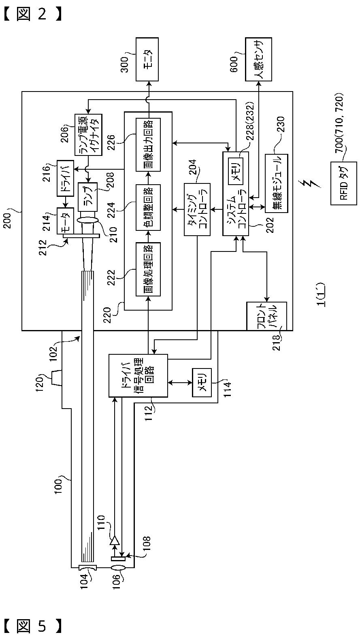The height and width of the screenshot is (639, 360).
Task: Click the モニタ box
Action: pyautogui.click(x=147, y=59)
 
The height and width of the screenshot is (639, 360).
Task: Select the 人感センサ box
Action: pyautogui.click(x=258, y=59)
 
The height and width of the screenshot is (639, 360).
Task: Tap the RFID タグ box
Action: pyautogui.click(x=344, y=183)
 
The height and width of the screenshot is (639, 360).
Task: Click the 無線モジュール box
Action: pyautogui.click(x=277, y=183)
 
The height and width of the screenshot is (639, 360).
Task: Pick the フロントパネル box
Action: pyautogui.click(x=266, y=316)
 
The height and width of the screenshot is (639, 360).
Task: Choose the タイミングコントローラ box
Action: pyautogui.click(x=197, y=209)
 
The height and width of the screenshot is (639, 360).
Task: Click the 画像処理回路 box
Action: pyautogui.click(x=148, y=269)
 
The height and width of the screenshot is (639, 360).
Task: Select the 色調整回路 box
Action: pyautogui.click(x=148, y=207)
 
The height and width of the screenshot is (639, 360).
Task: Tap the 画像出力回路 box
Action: pyautogui.click(x=148, y=144)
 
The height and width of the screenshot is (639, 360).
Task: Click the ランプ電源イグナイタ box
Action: pyautogui.click(x=88, y=135)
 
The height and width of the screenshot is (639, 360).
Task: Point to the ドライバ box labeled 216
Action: pyautogui.click(x=65, y=178)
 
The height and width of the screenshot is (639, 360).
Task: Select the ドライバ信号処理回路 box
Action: pyautogui.click(x=138, y=375)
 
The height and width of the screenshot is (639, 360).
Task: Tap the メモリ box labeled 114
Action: pyautogui.click(x=202, y=383)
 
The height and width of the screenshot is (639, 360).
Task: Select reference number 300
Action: pyautogui.click(x=124, y=64)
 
